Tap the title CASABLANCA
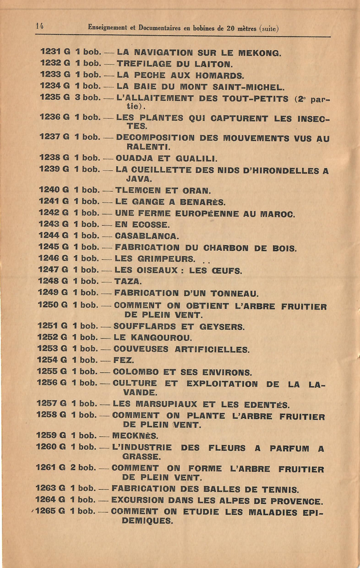pos(147,236)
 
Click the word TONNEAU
pos(241,294)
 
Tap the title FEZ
pos(124,361)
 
